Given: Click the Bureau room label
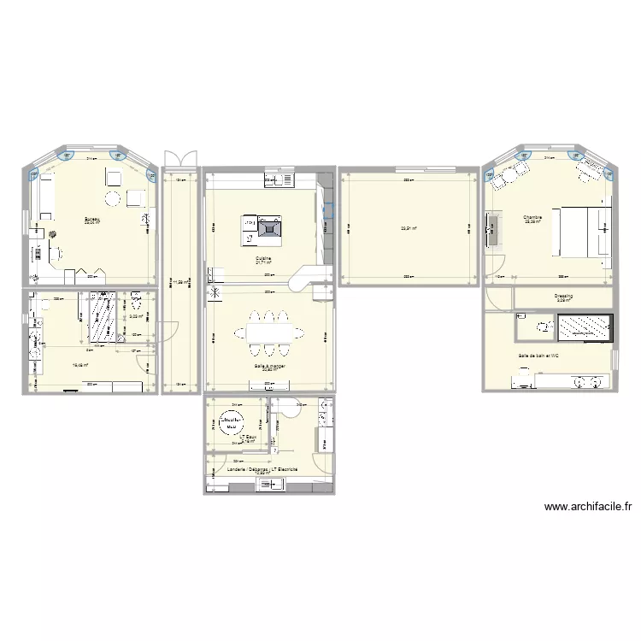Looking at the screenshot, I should point(91,220).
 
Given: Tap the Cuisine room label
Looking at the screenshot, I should point(263,257).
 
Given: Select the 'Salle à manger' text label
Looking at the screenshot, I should point(268,365).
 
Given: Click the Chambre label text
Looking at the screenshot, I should point(534,217).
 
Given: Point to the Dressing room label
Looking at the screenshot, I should point(563,296).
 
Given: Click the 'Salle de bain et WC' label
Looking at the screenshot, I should point(538,356).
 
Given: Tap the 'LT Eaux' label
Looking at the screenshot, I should point(249,437).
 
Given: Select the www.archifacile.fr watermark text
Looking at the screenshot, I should point(588,507).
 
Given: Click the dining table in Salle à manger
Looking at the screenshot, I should point(270,329).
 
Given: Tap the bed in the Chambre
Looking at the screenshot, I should point(583,230).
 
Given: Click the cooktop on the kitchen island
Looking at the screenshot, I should point(270,227).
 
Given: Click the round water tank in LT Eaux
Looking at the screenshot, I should point(232,420).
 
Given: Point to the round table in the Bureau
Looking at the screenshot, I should point(112,199).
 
